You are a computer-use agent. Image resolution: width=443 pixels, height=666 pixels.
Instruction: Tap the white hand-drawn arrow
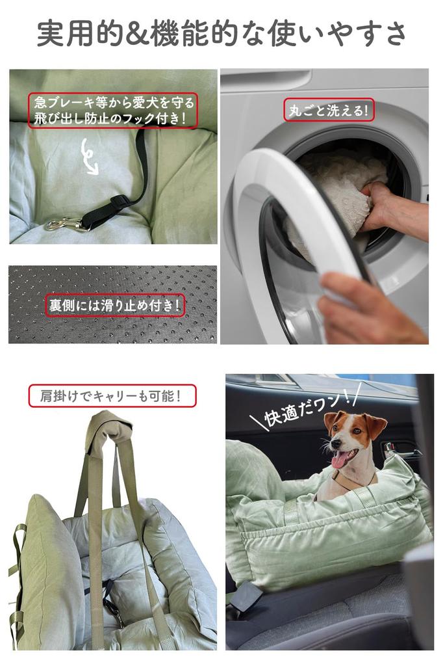pyautogui.click(x=88, y=156)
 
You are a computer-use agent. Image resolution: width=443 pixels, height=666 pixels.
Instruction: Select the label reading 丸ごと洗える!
pyautogui.click(x=329, y=110)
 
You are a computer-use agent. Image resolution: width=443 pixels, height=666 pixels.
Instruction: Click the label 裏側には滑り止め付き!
pyautogui.click(x=115, y=305)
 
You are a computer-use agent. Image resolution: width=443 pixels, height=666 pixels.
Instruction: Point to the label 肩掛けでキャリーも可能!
pyautogui.click(x=112, y=396)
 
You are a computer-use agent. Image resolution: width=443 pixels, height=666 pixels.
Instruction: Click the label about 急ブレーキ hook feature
pyautogui.click(x=113, y=110)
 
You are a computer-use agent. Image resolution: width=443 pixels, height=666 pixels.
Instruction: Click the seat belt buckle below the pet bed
pyautogui.click(x=244, y=596)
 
